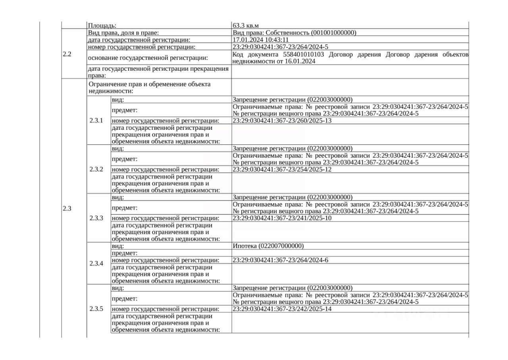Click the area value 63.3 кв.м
click(248, 25)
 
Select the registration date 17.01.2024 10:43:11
click(260, 40)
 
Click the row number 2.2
click(67, 54)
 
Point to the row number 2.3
click(67, 209)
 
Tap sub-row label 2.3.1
click(96, 121)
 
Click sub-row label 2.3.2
click(96, 169)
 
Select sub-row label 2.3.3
click(96, 218)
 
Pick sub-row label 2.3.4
click(96, 264)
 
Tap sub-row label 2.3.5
click(96, 309)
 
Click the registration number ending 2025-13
click(282, 121)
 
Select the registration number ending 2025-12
click(282, 169)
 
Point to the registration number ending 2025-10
click(282, 218)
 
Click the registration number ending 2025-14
click(282, 309)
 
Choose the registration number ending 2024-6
click(280, 260)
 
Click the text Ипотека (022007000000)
click(268, 246)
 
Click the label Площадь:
click(102, 25)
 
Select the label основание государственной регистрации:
click(148, 58)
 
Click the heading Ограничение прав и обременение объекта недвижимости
click(150, 87)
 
